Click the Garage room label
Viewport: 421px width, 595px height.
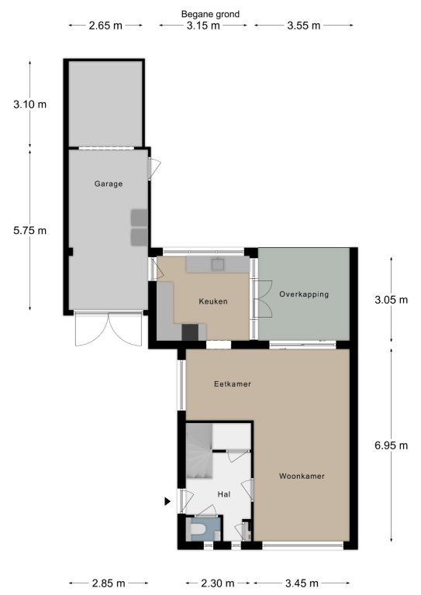pos(109,184)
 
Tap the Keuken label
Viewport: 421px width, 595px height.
pos(213,301)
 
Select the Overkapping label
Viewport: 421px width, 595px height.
pos(304,294)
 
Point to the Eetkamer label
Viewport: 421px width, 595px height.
pos(233,384)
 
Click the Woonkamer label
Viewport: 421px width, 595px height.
pos(302,476)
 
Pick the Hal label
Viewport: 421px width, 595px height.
pos(224,494)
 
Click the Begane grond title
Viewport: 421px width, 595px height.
pos(210,15)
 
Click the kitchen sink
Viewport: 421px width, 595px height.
pos(218,264)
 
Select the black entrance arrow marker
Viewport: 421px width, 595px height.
pos(167,502)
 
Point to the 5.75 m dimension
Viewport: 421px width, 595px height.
pos(30,230)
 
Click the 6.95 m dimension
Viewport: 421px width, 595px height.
pos(392,445)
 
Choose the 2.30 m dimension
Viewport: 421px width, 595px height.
pos(218,583)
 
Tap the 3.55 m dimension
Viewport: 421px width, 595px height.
pos(304,26)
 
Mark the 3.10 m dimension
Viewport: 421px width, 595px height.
pos(30,104)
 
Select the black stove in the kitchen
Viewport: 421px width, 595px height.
pos(190,332)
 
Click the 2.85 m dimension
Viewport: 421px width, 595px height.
pos(109,583)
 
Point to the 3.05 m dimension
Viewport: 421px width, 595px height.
pos(392,300)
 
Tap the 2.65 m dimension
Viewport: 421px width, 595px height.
pos(105,26)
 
